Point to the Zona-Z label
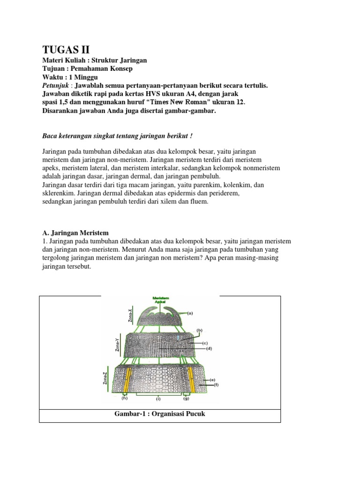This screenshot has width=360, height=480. point(105,378)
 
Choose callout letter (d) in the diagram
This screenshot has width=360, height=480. point(209,348)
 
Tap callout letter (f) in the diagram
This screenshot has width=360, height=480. point(217,385)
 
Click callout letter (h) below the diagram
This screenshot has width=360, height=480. point(124,399)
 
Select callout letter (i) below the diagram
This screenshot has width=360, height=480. point(158,399)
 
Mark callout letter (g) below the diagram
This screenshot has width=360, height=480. point(186,399)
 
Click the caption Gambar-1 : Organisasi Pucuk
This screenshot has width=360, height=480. point(160,414)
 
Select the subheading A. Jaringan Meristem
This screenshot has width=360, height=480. point(75,232)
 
